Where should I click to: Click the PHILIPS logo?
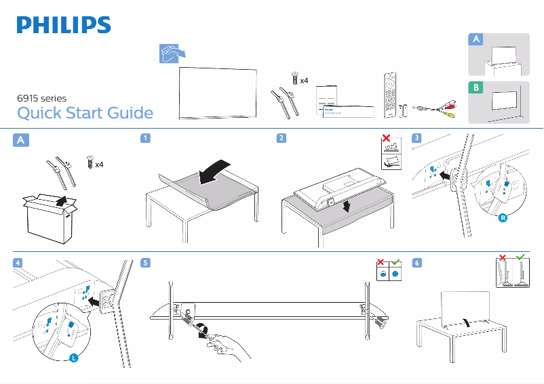tap(64, 26)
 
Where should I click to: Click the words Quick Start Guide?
tap(85, 113)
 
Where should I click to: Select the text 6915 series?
tap(41, 98)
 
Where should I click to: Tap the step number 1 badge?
tap(145, 138)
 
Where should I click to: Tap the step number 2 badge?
tap(281, 138)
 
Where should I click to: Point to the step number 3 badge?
tap(416, 138)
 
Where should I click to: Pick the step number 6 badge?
tap(416, 263)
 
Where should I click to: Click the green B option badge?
tap(477, 88)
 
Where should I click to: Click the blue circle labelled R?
tap(503, 219)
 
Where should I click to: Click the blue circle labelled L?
tap(73, 358)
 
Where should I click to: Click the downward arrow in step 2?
tap(347, 205)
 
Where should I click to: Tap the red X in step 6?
tap(503, 257)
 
